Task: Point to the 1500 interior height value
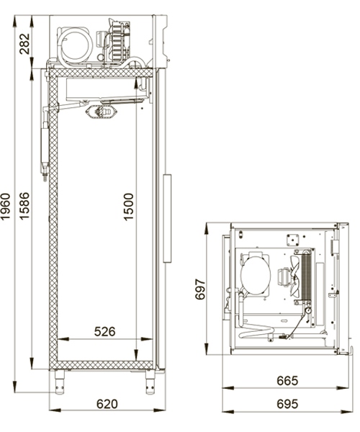point(128,207)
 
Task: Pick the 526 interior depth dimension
point(105,332)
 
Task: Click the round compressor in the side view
point(75,43)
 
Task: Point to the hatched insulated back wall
point(53,216)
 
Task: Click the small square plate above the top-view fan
point(293,240)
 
